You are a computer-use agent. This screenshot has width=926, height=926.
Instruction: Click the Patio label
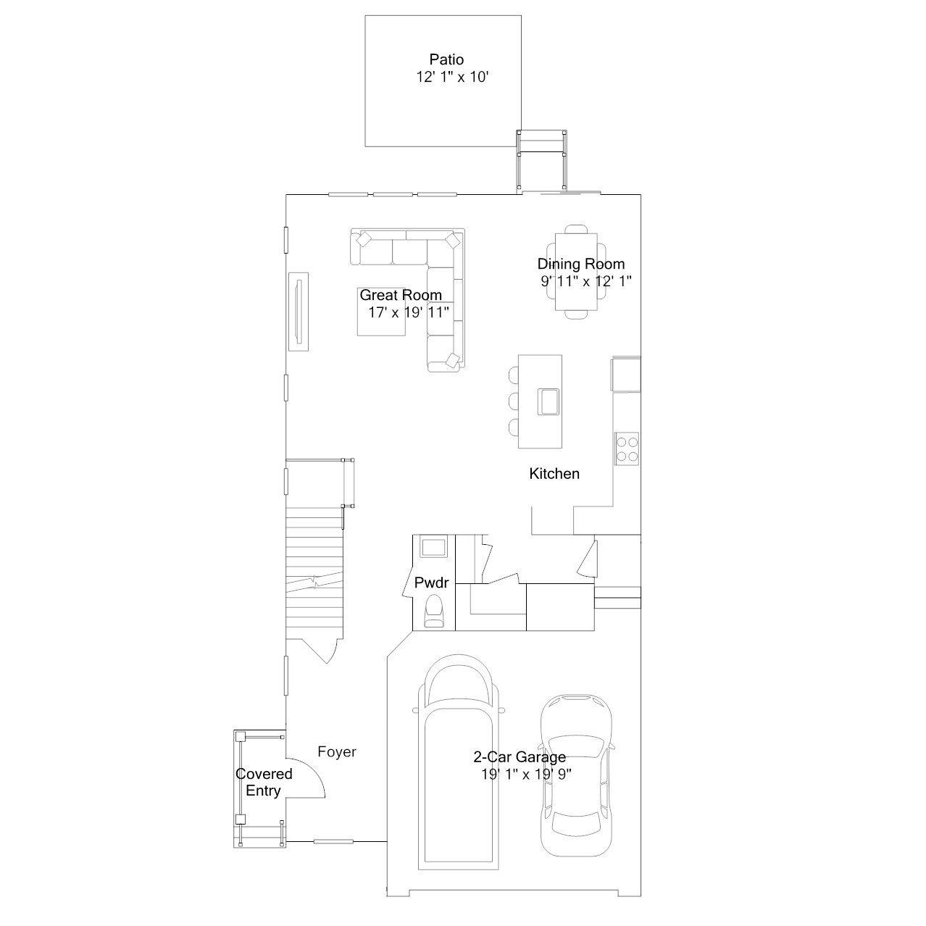pos(446,59)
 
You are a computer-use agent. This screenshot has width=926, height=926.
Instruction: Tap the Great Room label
pos(401,295)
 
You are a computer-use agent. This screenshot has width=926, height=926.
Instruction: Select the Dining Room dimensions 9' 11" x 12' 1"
pos(585,280)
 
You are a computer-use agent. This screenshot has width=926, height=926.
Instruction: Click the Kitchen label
pos(554,474)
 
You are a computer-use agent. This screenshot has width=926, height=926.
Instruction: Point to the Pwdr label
pos(431,583)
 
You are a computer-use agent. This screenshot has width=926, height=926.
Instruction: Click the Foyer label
pos(337,751)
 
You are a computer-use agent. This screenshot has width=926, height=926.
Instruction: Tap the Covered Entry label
pos(263,782)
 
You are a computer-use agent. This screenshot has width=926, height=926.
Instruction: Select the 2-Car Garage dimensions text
pos(526,774)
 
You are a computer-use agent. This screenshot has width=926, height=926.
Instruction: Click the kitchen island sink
pos(548,401)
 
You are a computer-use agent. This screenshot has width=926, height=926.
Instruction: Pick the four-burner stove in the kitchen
pos(627,449)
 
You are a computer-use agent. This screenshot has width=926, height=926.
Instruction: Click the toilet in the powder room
pos(434,611)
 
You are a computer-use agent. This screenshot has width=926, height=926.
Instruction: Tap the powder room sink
pos(433,547)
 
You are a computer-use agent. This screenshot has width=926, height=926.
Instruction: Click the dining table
pos(576,272)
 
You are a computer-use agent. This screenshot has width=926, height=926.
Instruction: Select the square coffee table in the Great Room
pos(381,312)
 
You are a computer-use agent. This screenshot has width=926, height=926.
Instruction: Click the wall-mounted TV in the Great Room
pos(299,312)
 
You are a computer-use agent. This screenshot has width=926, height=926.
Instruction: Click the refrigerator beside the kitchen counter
pos(625,374)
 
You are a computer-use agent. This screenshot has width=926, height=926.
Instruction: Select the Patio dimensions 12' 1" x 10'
pos(452,77)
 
